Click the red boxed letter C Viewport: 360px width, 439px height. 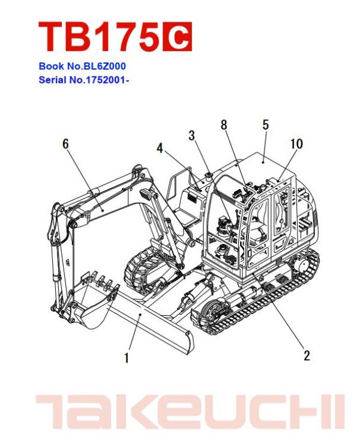[x=177, y=37]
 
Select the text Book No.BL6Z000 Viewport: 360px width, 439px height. [x=82, y=67]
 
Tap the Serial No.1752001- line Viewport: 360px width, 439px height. [x=84, y=79]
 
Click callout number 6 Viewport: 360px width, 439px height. [x=65, y=144]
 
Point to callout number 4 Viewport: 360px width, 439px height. [x=160, y=148]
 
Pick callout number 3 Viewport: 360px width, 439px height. [x=192, y=136]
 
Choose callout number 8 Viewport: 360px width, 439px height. [x=224, y=125]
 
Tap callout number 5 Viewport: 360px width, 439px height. [x=265, y=125]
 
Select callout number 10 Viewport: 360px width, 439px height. [x=296, y=144]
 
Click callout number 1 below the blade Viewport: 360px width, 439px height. [x=126, y=359]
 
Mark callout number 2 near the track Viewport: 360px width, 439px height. [x=307, y=356]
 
